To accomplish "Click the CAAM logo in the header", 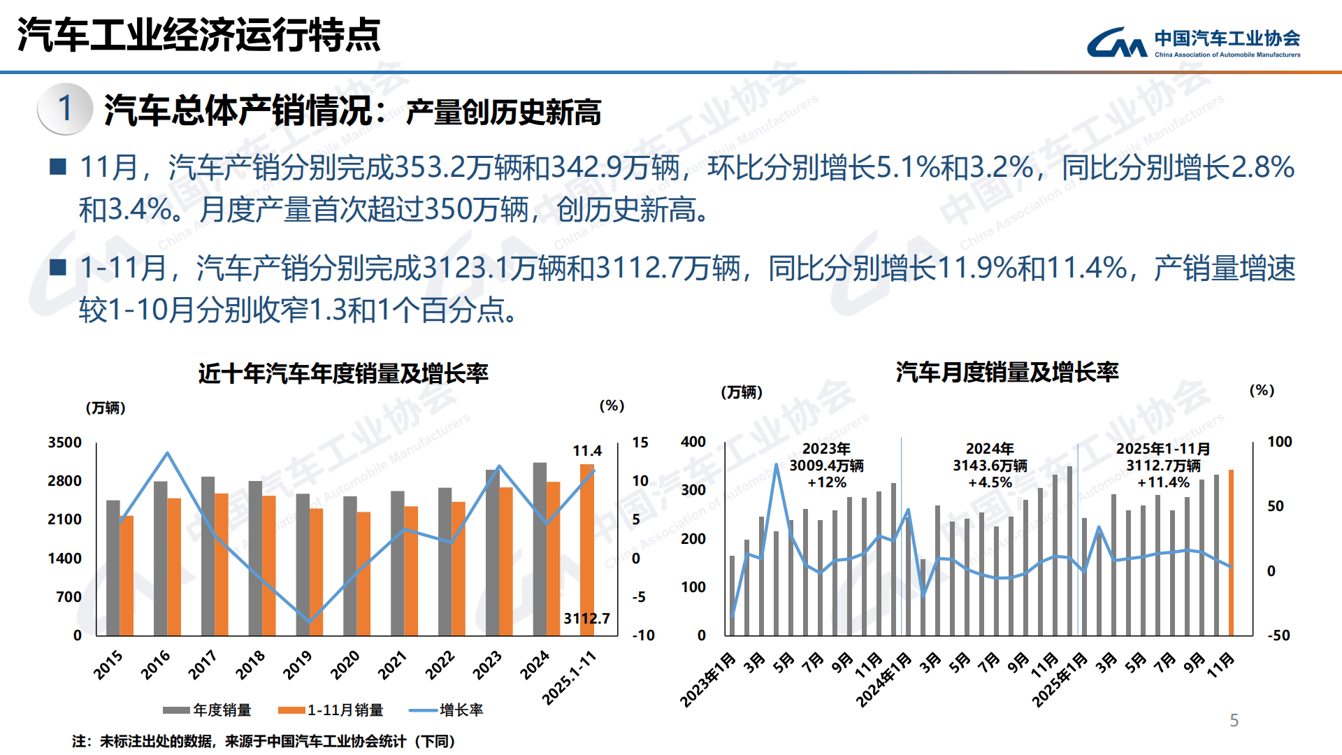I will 1192,42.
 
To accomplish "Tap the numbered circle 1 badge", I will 65,108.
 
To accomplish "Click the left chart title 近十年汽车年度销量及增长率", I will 342,373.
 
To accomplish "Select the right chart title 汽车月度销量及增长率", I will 1006,372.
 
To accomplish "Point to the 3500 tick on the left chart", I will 65,443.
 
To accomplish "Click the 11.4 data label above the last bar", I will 586,451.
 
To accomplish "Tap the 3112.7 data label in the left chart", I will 586,618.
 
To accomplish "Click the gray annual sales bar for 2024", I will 540,549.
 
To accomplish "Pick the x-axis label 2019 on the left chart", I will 298,665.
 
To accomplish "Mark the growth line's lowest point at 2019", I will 310,621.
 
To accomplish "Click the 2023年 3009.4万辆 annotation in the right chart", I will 826,465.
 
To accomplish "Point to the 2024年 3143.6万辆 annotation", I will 990,465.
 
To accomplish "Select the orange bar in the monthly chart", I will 1231,552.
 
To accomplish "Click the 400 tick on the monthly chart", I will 693,442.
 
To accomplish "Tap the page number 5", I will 1234,721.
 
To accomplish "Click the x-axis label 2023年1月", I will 709,679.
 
